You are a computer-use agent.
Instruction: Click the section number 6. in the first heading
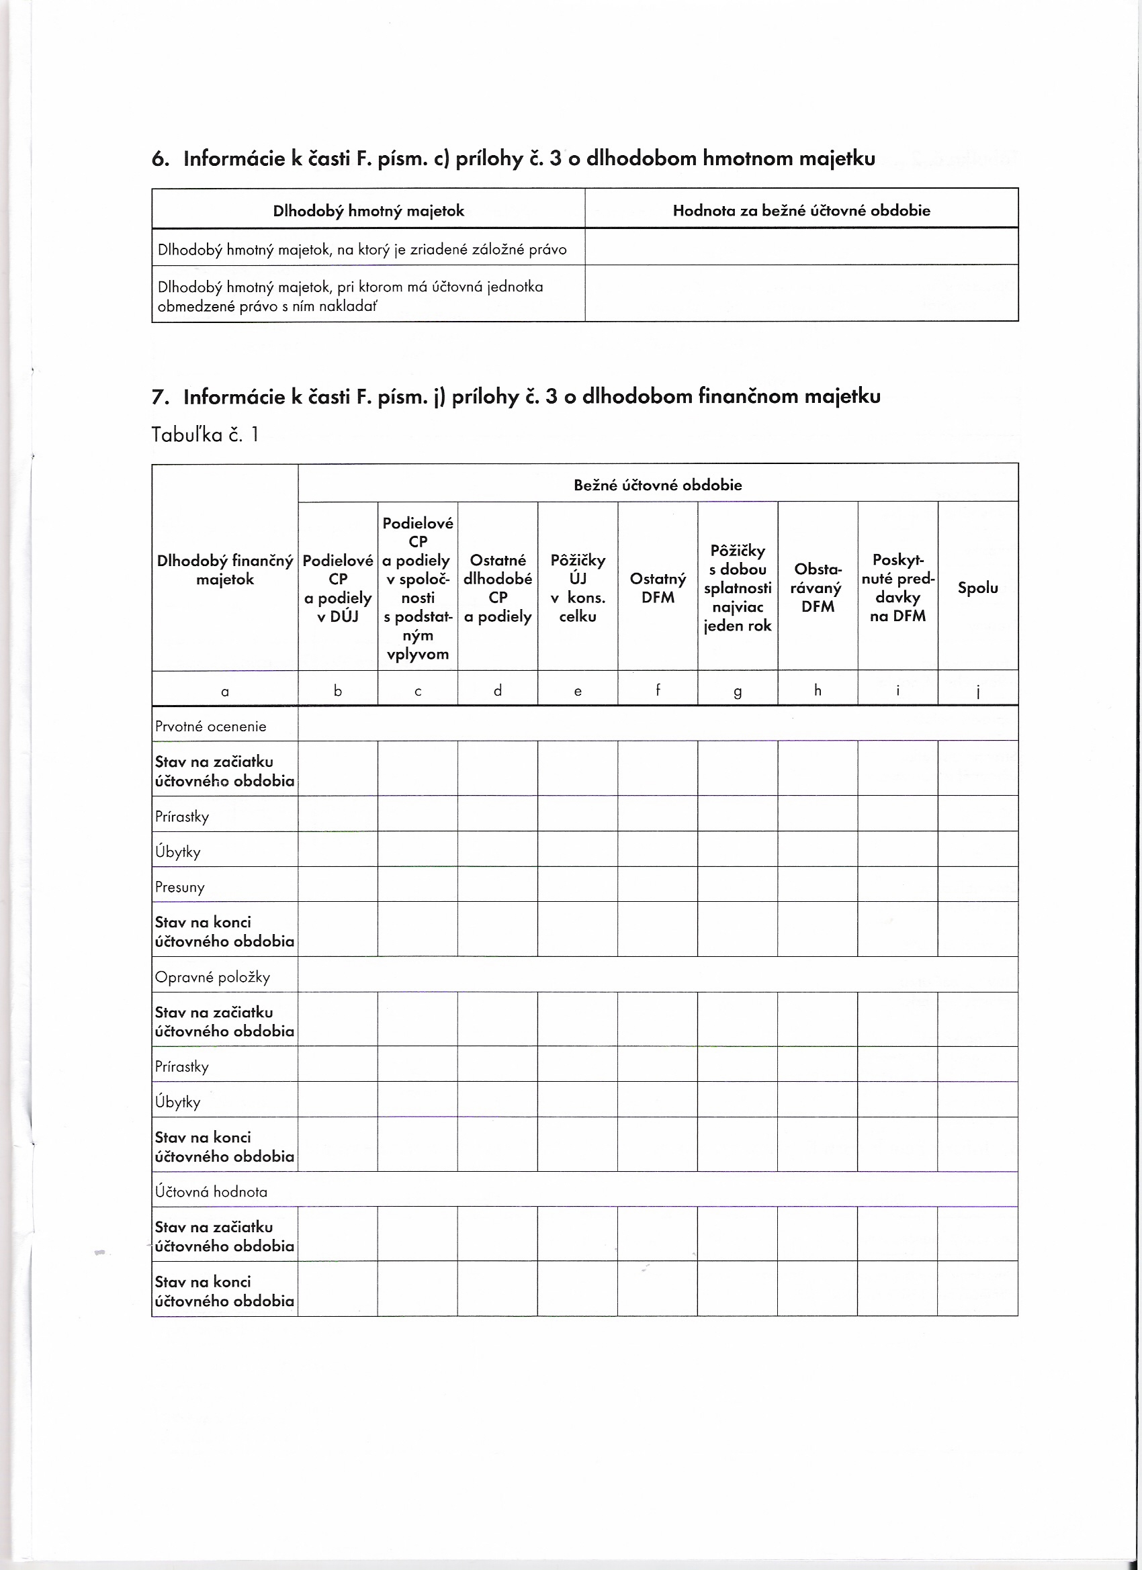pyautogui.click(x=160, y=159)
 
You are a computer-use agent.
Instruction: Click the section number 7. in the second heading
pyautogui.click(x=160, y=398)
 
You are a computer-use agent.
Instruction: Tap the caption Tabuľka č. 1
pyautogui.click(x=204, y=434)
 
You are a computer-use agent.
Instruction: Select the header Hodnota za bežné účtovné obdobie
pyautogui.click(x=801, y=210)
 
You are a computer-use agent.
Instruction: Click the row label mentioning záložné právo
pyautogui.click(x=362, y=249)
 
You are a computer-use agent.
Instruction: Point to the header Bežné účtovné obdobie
pyautogui.click(x=657, y=485)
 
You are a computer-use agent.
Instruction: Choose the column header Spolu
pyautogui.click(x=977, y=588)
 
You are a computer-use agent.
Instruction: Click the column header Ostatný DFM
pyautogui.click(x=657, y=588)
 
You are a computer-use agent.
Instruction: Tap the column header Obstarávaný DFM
pyautogui.click(x=817, y=588)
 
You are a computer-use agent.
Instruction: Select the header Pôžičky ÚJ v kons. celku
pyautogui.click(x=578, y=588)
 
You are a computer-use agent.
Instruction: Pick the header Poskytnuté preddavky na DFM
pyautogui.click(x=897, y=588)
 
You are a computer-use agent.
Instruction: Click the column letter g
pyautogui.click(x=738, y=691)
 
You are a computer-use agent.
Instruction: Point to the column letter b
pyautogui.click(x=338, y=690)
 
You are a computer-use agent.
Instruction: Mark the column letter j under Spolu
pyautogui.click(x=977, y=692)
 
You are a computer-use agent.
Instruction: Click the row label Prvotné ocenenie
pyautogui.click(x=210, y=726)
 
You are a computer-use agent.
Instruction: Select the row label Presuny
pyautogui.click(x=180, y=887)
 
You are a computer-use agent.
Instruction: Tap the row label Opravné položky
pyautogui.click(x=212, y=977)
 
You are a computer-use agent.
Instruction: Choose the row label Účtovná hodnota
pyautogui.click(x=211, y=1191)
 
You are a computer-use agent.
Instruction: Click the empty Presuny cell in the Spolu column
pyautogui.click(x=977, y=884)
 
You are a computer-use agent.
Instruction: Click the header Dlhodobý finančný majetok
pyautogui.click(x=225, y=569)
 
